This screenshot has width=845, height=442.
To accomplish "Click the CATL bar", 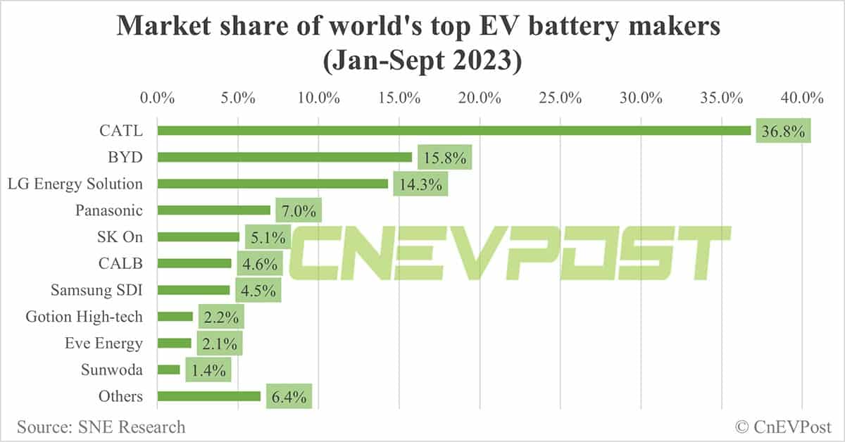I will click(454, 130).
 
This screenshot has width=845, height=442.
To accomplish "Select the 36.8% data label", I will click(783, 132).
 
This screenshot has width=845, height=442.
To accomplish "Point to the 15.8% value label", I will click(444, 158).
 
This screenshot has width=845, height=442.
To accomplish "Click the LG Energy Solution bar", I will click(273, 184).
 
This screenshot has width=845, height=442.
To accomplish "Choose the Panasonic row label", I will click(108, 210).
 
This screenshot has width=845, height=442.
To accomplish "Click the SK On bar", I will click(199, 236).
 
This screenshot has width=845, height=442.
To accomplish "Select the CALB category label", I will click(120, 263).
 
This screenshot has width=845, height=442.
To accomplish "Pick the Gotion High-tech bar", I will click(175, 317).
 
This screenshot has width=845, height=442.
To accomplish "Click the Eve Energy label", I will click(103, 343).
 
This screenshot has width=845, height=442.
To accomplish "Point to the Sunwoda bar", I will click(169, 370).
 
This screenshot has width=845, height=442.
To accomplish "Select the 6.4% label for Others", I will click(289, 397).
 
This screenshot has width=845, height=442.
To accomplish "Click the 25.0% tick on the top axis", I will click(560, 97).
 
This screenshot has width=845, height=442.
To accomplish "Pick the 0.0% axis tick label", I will click(157, 97).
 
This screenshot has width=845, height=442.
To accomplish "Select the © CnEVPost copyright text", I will click(783, 427).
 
